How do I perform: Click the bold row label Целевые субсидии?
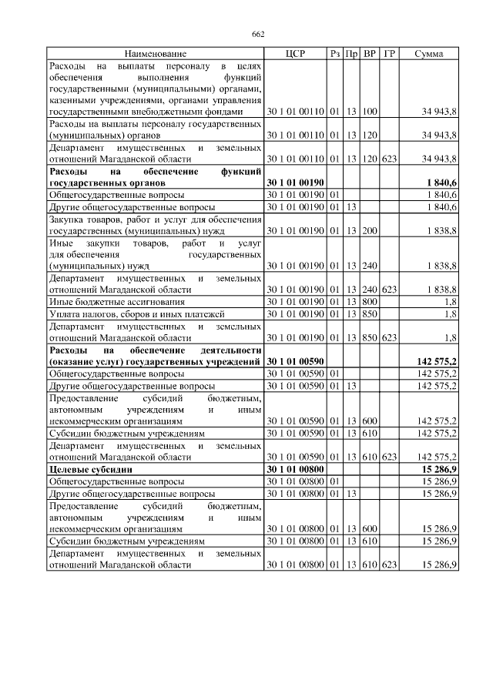point(91,468)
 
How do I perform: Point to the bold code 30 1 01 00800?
point(295,468)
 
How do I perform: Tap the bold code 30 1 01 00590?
point(295,361)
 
